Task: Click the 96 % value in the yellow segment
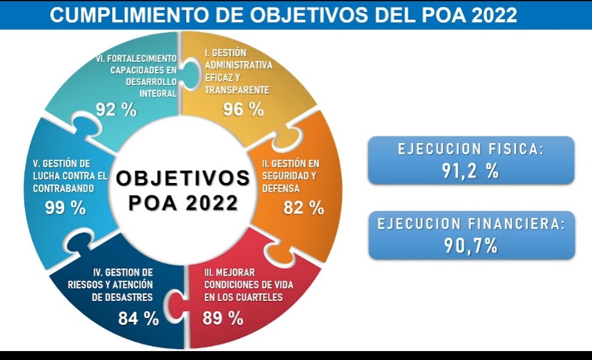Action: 243,109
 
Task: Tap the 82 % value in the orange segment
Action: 304,207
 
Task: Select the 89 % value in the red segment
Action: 223,318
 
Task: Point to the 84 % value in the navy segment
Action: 138,318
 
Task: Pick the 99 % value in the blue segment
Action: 66,207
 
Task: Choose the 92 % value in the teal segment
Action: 116,110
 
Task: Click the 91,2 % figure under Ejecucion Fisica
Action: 470,170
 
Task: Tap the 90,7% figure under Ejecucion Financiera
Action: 471,245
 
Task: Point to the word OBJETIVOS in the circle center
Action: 182,178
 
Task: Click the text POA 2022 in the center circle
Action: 182,203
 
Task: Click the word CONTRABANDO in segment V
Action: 60,187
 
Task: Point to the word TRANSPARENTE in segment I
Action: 237,90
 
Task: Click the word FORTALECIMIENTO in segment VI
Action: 137,58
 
